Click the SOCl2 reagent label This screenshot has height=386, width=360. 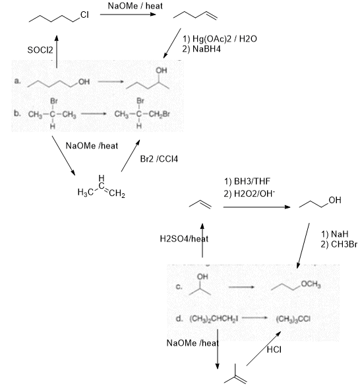click(x=40, y=50)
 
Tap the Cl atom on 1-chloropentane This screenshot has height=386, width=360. click(x=84, y=15)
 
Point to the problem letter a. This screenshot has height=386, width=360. click(x=17, y=81)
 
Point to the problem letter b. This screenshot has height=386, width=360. click(x=17, y=113)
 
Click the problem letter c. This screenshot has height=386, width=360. click(x=179, y=287)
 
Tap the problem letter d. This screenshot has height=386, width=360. click(x=179, y=319)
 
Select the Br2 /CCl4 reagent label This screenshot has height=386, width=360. click(x=159, y=159)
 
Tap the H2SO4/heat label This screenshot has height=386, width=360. click(x=184, y=239)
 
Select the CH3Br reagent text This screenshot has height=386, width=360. click(x=344, y=244)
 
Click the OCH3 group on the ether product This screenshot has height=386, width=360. click(x=311, y=284)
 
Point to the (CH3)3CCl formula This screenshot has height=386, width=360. click(x=293, y=319)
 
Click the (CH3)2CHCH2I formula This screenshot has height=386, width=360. click(x=214, y=319)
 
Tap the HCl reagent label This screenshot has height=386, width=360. click(x=274, y=350)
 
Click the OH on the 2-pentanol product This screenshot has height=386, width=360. click(x=162, y=71)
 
